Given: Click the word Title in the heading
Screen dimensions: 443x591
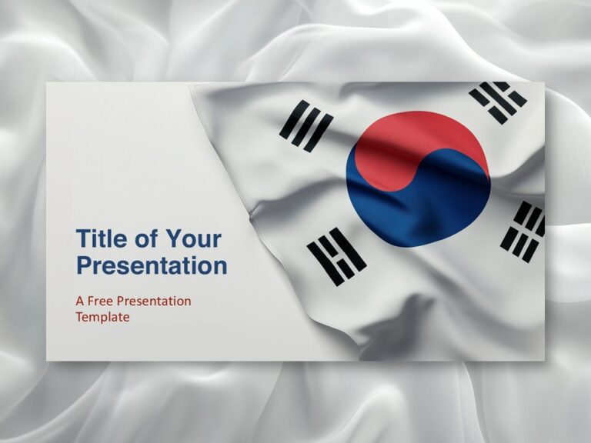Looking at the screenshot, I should (102, 238).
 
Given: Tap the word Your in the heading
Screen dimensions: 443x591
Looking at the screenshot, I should (193, 238).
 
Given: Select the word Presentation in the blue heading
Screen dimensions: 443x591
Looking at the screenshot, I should (152, 266).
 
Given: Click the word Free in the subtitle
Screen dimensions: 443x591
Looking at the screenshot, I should (102, 301).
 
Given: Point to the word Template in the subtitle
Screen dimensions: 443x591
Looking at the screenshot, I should (102, 316).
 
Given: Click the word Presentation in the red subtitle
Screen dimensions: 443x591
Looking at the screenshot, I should (154, 301).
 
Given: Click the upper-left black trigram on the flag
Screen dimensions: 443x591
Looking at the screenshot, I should (306, 125).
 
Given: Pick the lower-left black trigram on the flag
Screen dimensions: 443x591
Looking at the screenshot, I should (337, 257).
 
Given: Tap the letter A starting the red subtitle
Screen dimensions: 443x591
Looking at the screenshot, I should (80, 301).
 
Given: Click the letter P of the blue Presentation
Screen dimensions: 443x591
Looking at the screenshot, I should (84, 266).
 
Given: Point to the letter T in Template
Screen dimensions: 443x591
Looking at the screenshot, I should (80, 316).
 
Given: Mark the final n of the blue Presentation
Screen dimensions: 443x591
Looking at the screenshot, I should (220, 267).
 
